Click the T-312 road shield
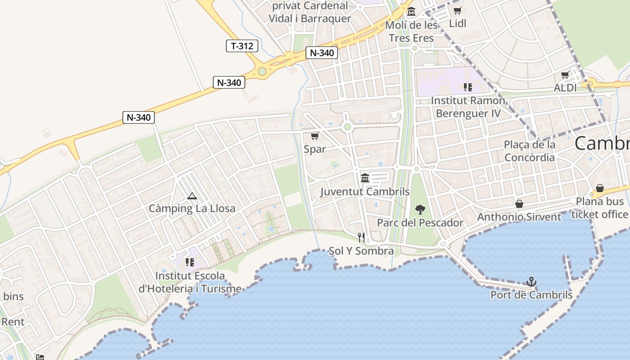click(242, 45)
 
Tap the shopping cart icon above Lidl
click(458, 11)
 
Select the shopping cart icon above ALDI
click(565, 75)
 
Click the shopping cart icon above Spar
click(315, 136)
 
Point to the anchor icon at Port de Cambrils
click(531, 282)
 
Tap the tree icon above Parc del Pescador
click(420, 209)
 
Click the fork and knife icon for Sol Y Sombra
click(361, 238)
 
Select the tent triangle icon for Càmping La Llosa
click(192, 196)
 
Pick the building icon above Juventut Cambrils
click(365, 178)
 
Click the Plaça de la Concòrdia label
click(530, 151)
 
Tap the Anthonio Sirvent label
click(519, 217)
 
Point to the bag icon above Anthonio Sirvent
click(519, 204)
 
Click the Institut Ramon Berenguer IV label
click(468, 107)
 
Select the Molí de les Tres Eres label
click(411, 31)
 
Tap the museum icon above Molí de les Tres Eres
click(411, 11)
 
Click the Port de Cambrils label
click(531, 295)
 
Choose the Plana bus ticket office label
click(600, 207)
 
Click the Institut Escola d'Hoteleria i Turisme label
click(189, 282)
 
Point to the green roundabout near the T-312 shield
click(262, 71)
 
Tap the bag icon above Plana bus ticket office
click(600, 188)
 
